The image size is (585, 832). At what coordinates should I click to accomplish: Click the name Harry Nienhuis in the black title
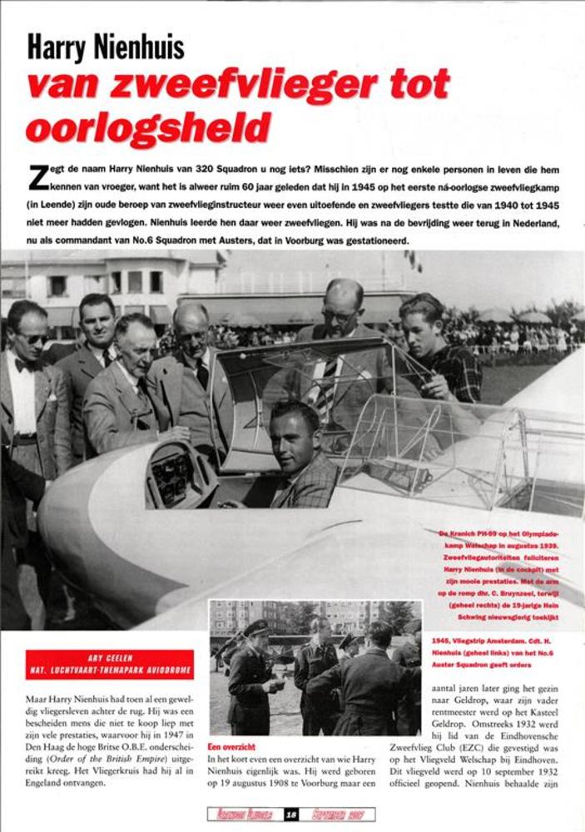click(x=106, y=47)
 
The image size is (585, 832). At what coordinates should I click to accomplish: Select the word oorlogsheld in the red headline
click(x=148, y=127)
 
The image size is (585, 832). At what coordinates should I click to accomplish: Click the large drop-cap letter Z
click(x=37, y=177)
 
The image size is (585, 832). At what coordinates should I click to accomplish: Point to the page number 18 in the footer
click(x=291, y=815)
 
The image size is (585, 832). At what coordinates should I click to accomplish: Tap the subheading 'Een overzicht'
click(x=232, y=747)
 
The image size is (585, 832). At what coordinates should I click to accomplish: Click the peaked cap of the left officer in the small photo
click(x=256, y=627)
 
